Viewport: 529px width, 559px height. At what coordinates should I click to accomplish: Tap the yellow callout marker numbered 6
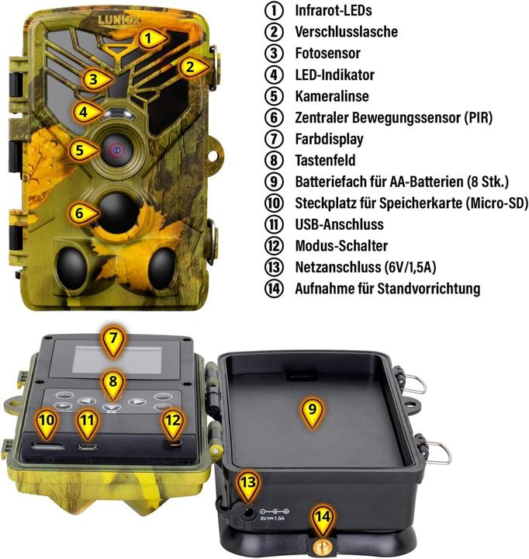(78, 211)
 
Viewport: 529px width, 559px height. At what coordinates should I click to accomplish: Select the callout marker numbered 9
(311, 411)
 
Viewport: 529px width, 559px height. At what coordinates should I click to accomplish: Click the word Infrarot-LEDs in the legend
(334, 11)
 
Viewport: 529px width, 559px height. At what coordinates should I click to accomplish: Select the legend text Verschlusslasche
(346, 32)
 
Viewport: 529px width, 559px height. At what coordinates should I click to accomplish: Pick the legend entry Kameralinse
(332, 96)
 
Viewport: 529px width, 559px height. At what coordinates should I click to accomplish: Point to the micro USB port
(88, 446)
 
